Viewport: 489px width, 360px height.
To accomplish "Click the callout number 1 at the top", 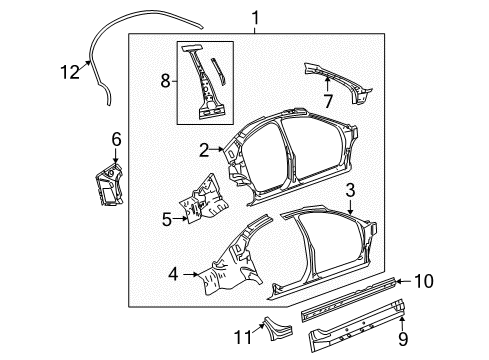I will (x=254, y=17).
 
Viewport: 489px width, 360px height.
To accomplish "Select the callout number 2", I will (x=203, y=150).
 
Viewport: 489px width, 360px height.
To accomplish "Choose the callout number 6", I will (x=116, y=140).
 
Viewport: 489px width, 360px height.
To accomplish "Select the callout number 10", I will (x=423, y=282).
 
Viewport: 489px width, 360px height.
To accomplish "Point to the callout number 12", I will (x=68, y=70).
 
